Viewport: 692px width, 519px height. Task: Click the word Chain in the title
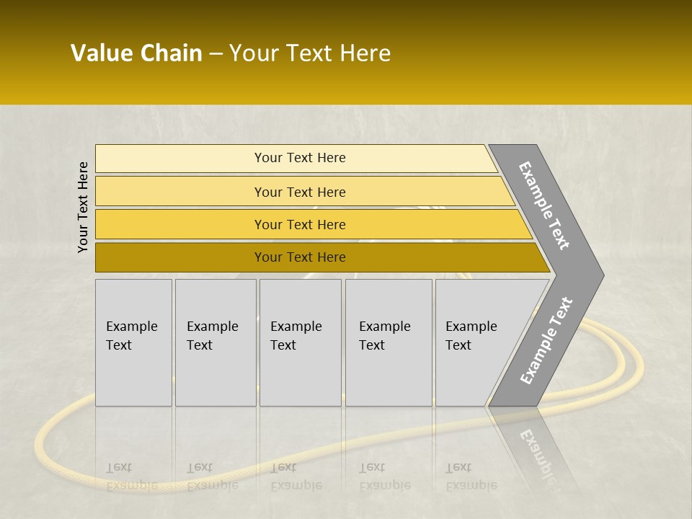tap(171, 53)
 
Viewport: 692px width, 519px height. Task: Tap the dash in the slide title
tap(216, 54)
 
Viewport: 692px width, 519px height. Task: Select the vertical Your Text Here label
tap(83, 207)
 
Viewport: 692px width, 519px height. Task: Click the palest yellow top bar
tap(299, 158)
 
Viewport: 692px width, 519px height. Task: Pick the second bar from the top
tap(299, 192)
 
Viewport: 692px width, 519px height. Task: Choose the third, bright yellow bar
tap(299, 224)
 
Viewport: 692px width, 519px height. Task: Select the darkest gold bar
tap(299, 257)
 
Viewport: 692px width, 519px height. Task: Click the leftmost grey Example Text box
tap(133, 342)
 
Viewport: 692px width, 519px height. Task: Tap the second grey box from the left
tap(215, 342)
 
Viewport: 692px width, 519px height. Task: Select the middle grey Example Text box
tap(300, 342)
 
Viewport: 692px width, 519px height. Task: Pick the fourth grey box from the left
tap(388, 342)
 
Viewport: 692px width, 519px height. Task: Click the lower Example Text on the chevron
tap(546, 340)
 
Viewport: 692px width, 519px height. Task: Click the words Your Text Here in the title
tap(310, 53)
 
